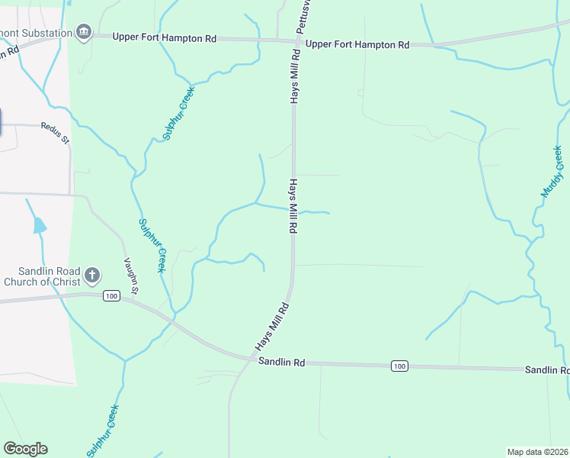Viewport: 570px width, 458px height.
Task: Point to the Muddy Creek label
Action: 552,172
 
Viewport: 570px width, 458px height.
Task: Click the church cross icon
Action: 92,275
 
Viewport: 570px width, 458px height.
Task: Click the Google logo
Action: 25,449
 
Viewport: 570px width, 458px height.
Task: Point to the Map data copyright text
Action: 538,452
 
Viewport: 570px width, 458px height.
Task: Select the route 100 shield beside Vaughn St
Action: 111,296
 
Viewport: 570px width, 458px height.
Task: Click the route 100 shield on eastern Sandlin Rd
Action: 399,367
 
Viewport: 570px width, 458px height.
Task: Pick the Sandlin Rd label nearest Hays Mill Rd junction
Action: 281,363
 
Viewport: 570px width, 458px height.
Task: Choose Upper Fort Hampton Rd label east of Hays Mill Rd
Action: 357,44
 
